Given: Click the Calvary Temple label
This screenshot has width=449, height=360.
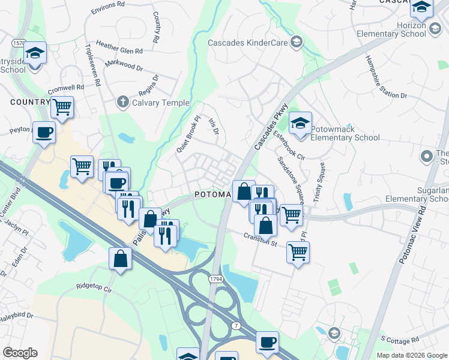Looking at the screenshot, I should pos(160,103).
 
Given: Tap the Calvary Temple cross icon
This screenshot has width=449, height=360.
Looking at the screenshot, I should pos(122,103).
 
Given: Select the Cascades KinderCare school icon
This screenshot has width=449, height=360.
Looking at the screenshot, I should pos(295,42).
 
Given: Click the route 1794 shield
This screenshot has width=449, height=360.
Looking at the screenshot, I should pos(217,279).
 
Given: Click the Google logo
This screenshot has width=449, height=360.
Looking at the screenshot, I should pos(20,353).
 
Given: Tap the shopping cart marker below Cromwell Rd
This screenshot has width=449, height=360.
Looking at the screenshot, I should pos(62,108).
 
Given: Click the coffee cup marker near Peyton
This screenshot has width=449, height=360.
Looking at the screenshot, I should pos(44,132).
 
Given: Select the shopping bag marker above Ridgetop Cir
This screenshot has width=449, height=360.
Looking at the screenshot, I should pos(120,259).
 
